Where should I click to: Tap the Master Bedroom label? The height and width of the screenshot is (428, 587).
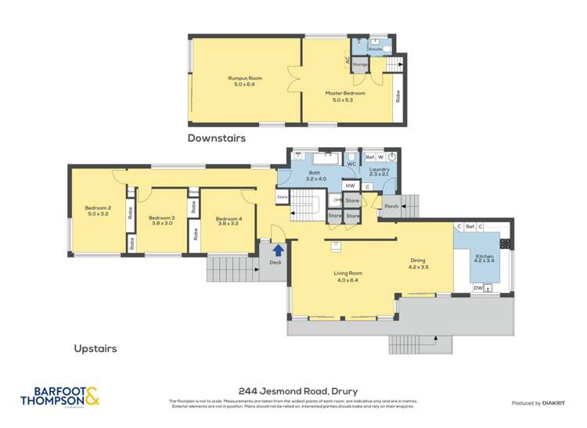tap(345, 96)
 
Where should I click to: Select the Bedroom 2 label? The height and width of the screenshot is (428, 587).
tap(98, 210)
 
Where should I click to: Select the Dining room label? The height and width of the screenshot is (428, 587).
tap(418, 264)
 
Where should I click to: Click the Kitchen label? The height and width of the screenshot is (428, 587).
tap(486, 258)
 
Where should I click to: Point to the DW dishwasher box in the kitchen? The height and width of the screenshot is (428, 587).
tap(477, 288)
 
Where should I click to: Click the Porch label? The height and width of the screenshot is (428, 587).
tap(391, 207)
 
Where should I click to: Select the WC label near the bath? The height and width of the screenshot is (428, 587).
tap(351, 164)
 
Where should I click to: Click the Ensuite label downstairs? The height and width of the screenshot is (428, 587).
tap(376, 49)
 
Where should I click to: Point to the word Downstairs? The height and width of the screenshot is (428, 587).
tap(216, 138)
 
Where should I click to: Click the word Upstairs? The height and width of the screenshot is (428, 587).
tap(95, 348)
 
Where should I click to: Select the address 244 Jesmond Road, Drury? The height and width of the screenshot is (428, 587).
tap(293, 389)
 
